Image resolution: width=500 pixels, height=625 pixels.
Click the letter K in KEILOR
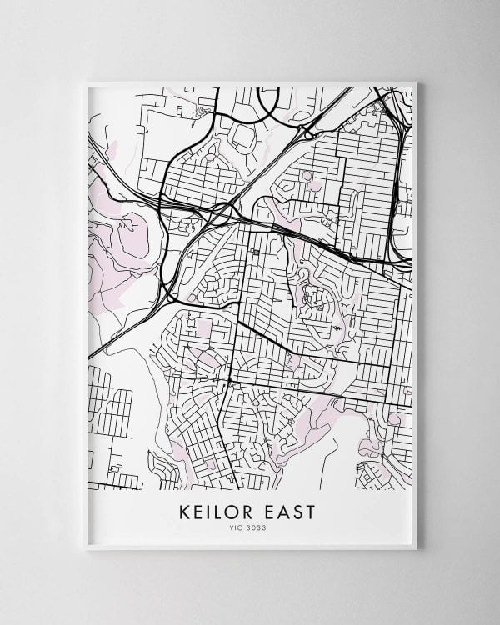185,512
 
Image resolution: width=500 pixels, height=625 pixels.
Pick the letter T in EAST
312,512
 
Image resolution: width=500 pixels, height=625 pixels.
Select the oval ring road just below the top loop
246,135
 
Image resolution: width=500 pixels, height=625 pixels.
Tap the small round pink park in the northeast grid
307,176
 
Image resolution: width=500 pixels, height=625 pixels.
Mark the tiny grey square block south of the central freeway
255,250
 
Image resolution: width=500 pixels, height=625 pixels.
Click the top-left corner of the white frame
86,82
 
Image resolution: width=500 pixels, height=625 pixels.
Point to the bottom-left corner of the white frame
86,549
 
